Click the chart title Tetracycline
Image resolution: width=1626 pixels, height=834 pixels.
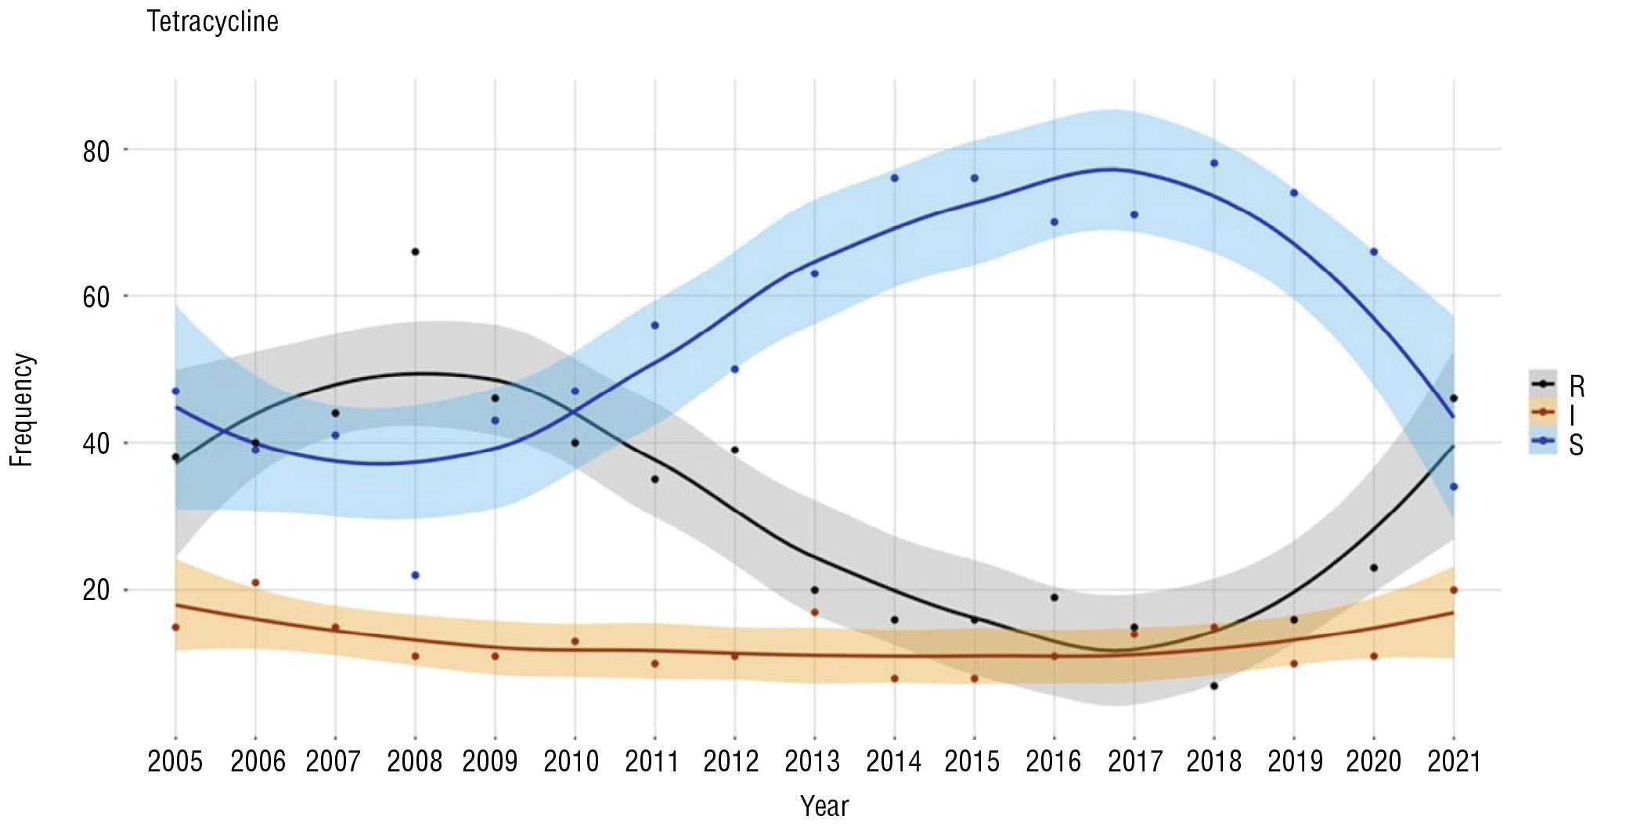tap(212, 22)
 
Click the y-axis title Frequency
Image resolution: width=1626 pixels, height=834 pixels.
tap(22, 410)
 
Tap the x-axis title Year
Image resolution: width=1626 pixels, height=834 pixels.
tap(824, 806)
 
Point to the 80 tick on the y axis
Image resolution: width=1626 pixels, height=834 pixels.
tap(96, 150)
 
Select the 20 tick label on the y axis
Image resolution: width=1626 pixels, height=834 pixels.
tap(96, 590)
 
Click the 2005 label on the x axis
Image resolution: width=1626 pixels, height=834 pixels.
tap(175, 761)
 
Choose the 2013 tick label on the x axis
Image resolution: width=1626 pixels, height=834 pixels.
tap(813, 761)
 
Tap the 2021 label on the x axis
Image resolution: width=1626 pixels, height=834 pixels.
tap(1454, 761)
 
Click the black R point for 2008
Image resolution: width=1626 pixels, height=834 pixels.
tap(415, 252)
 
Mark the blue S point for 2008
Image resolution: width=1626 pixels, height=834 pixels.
tap(415, 575)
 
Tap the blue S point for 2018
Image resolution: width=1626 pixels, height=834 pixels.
tap(1214, 164)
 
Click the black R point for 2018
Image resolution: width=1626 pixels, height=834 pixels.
tap(1214, 685)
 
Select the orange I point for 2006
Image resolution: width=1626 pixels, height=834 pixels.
tap(255, 583)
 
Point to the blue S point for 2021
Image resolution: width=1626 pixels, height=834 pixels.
tap(1454, 487)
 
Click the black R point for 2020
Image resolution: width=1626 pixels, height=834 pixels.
tap(1374, 568)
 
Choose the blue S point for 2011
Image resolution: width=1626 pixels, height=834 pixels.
tap(654, 325)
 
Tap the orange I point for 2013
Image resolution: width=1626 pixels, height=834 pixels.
tap(814, 613)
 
